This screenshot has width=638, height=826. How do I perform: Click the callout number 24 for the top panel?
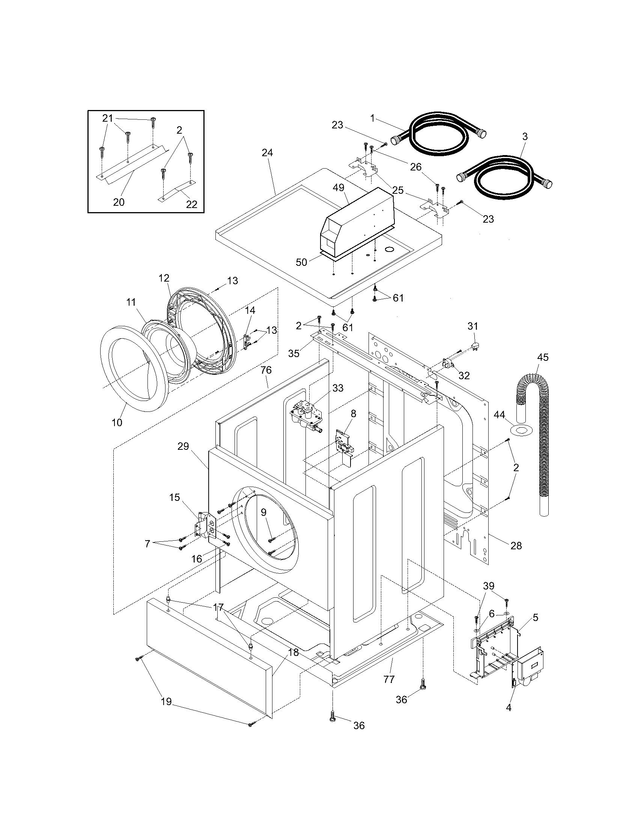pyautogui.click(x=267, y=153)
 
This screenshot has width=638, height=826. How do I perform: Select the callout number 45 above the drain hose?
pyautogui.click(x=543, y=357)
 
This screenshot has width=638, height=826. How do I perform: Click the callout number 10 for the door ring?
pyautogui.click(x=117, y=422)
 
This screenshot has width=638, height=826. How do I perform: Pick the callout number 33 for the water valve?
pyautogui.click(x=337, y=388)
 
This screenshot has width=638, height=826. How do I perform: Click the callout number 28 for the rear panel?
pyautogui.click(x=516, y=546)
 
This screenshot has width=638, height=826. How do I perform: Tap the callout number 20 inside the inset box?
pyautogui.click(x=119, y=202)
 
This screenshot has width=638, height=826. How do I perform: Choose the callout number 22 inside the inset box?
pyautogui.click(x=192, y=204)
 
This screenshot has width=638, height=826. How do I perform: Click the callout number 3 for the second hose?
pyautogui.click(x=525, y=137)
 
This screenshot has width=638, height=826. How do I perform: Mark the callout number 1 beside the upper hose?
pyautogui.click(x=372, y=118)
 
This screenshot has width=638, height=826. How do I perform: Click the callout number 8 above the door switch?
pyautogui.click(x=353, y=413)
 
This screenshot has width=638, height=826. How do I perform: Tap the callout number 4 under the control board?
pyautogui.click(x=509, y=708)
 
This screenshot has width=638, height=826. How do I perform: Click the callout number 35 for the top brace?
pyautogui.click(x=294, y=353)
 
